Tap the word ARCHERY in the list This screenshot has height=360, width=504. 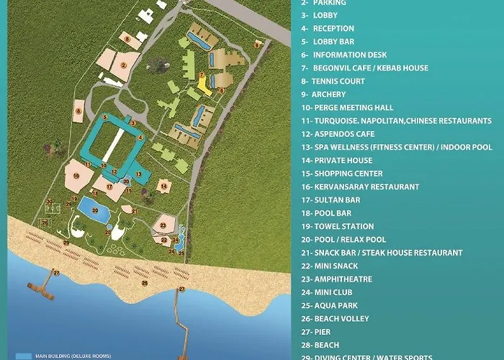pos(328,94)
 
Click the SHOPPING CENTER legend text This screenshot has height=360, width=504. pos(347,174)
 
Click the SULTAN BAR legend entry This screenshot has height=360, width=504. pos(336,199)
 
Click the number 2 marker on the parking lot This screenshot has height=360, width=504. pos(124,65)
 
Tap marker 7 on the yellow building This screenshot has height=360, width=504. pos(202,75)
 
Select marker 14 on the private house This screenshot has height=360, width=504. pos(164,186)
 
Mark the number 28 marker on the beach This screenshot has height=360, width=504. pos(144,283)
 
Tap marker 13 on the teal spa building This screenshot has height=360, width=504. pos(138,174)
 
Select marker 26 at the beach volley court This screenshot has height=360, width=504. pos(45,222)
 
